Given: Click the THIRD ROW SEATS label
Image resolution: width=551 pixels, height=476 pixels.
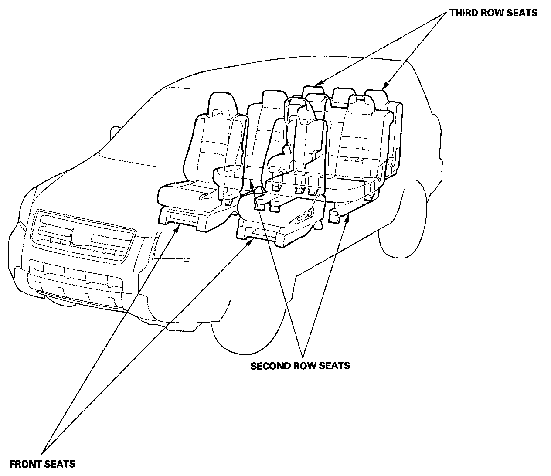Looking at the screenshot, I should [493, 13].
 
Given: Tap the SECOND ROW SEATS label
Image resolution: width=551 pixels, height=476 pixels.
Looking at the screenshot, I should [300, 365].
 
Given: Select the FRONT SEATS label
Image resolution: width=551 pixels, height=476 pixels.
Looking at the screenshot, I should [42, 464].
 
